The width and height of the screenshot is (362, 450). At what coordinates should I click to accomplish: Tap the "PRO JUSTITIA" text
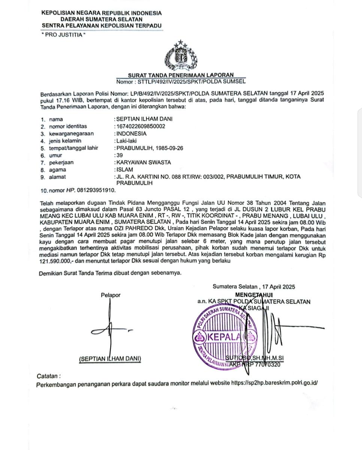(63, 35)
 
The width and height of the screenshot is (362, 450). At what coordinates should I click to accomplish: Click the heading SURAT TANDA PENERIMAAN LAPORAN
(181, 75)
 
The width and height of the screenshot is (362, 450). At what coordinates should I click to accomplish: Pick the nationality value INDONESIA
(132, 133)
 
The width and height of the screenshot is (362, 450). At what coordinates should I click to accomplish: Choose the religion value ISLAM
(125, 169)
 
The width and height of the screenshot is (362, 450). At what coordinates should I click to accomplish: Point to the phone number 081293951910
(96, 190)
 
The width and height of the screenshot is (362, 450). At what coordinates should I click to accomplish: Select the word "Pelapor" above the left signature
(111, 295)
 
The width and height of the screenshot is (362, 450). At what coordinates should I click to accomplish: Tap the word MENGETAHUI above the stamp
(254, 295)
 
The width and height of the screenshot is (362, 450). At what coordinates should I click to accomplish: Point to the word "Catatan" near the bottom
(48, 376)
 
